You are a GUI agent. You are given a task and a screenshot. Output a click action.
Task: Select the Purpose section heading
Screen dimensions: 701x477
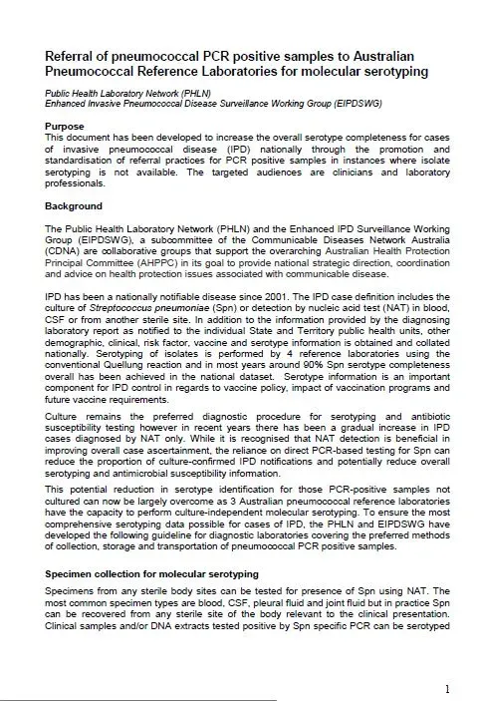66,129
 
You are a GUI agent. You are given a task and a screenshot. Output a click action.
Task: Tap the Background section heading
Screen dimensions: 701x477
74,205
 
